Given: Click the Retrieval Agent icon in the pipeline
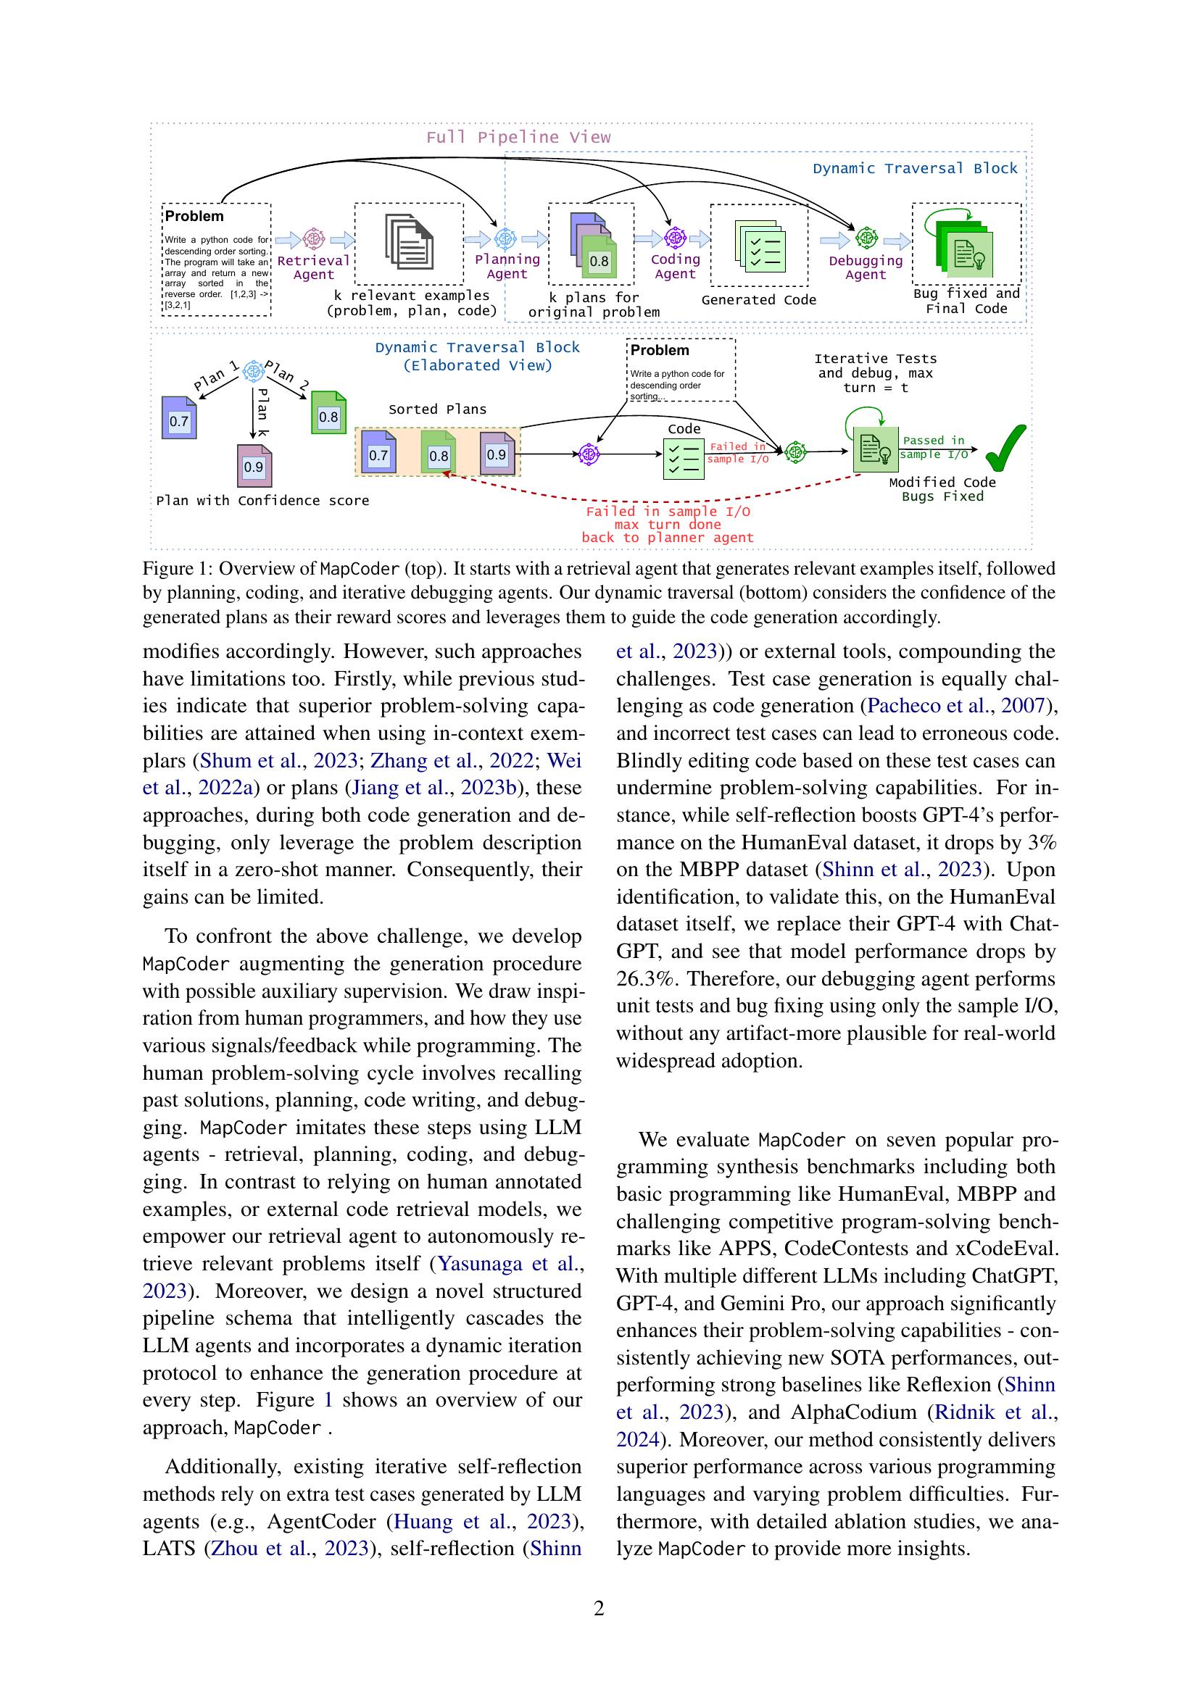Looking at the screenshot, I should (x=315, y=238).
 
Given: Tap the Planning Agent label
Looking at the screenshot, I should (x=507, y=267).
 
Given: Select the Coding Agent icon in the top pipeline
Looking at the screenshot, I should (x=675, y=238).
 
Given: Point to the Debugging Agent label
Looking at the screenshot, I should (x=866, y=267).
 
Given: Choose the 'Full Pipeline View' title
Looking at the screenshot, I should (x=518, y=137).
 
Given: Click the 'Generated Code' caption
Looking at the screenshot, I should (x=758, y=300).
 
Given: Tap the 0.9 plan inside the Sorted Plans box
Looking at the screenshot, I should (x=497, y=452).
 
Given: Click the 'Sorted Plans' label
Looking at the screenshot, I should (x=437, y=409).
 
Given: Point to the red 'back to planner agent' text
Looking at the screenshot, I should (x=668, y=538).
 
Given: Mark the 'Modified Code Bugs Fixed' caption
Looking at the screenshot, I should (x=942, y=489).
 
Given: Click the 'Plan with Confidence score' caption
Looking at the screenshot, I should (x=262, y=501).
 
